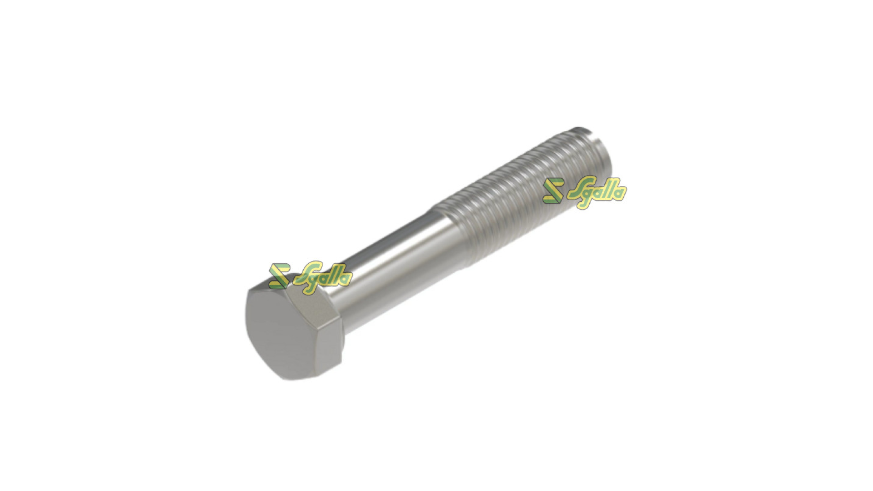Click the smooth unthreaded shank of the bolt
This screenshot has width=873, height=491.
point(391,264)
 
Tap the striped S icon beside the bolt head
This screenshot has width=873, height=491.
point(278,276)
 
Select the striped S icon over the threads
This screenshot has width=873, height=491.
point(553,190)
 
